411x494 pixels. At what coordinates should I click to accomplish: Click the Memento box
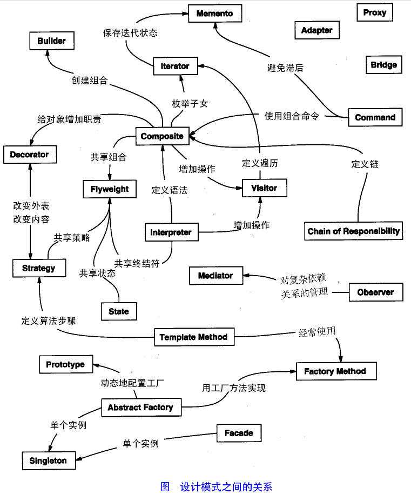coord(215,13)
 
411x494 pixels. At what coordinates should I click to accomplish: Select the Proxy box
coord(374,12)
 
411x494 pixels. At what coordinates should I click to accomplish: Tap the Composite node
coord(162,136)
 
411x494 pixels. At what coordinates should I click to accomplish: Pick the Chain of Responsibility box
coord(354,231)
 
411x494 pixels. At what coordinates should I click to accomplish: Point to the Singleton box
coord(48,460)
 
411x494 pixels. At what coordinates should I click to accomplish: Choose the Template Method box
coord(193,337)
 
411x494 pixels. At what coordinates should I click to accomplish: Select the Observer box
coord(375,292)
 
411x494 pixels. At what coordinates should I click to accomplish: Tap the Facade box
coord(238,433)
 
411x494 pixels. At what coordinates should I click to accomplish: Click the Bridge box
coord(383,65)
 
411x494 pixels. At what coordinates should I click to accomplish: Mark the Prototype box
coord(65,364)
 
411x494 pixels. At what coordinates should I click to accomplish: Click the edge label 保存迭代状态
coord(130,32)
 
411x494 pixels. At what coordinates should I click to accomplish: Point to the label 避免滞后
coord(285,68)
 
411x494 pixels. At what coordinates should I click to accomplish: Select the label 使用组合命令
coord(292,116)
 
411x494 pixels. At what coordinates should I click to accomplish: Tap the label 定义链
coord(365,164)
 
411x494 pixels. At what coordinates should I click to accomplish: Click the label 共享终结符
coord(137,264)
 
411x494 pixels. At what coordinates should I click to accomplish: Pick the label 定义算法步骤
coord(49,321)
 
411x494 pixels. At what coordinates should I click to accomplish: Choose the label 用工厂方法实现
coord(234,388)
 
